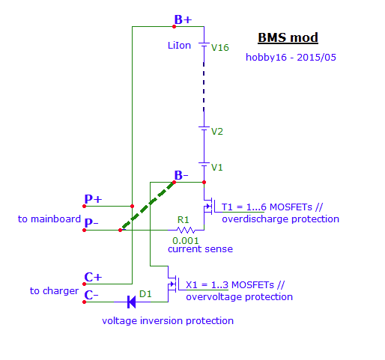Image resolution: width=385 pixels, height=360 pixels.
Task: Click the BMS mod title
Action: pyautogui.click(x=288, y=38)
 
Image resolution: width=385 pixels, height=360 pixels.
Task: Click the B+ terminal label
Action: pyautogui.click(x=183, y=19)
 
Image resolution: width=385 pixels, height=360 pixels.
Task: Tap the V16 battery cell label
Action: pyautogui.click(x=220, y=47)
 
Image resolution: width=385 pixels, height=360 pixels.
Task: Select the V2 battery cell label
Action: pyautogui.click(x=217, y=132)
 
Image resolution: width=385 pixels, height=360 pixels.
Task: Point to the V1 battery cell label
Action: pyautogui.click(x=216, y=167)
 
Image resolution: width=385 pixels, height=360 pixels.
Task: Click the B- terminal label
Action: pyautogui.click(x=181, y=175)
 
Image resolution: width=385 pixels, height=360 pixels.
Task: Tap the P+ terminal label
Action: pyautogui.click(x=93, y=199)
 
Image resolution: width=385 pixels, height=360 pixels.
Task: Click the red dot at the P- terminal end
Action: pyautogui.click(x=85, y=230)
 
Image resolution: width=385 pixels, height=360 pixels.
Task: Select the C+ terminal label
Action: pyautogui.click(x=93, y=277)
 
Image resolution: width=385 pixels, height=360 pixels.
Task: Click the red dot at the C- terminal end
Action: pyautogui.click(x=85, y=302)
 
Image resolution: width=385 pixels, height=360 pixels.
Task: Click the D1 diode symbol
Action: pyautogui.click(x=132, y=302)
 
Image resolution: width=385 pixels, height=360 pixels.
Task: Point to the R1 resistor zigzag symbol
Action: pyautogui.click(x=186, y=230)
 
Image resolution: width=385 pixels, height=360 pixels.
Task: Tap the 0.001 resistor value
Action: pyautogui.click(x=186, y=241)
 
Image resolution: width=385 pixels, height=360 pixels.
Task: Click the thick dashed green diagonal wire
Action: pyautogui.click(x=147, y=206)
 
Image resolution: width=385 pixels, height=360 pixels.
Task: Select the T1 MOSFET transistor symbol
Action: pyautogui.click(x=209, y=207)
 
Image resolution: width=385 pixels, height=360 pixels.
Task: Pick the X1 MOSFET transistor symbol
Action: pyautogui.click(x=173, y=284)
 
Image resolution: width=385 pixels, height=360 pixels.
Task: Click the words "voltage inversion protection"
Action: pyautogui.click(x=168, y=321)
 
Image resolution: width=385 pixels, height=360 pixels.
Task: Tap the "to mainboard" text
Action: pyautogui.click(x=49, y=219)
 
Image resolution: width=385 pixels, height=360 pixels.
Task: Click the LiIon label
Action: pyautogui.click(x=179, y=46)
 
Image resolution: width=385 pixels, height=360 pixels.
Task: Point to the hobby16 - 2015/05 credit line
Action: pyautogui.click(x=291, y=58)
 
